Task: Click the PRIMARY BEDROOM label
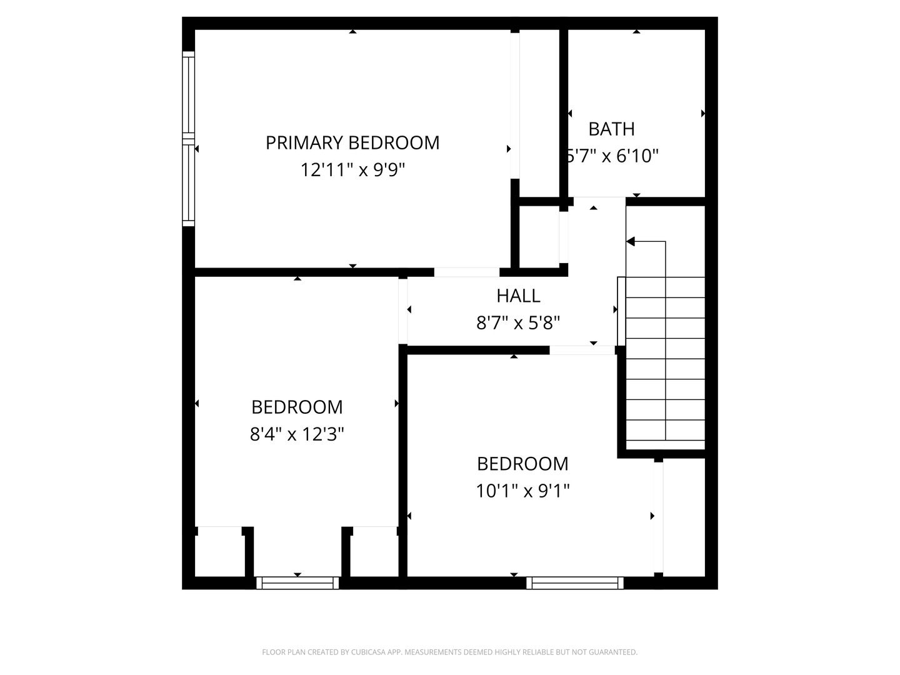pyautogui.click(x=352, y=142)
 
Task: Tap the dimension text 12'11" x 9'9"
pyautogui.click(x=352, y=170)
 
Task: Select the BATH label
pyautogui.click(x=611, y=129)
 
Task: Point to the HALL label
pyautogui.click(x=518, y=295)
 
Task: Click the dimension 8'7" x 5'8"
pyautogui.click(x=518, y=323)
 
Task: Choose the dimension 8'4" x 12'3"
pyautogui.click(x=297, y=434)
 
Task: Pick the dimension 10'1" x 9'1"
pyautogui.click(x=522, y=491)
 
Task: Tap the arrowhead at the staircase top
pyautogui.click(x=631, y=241)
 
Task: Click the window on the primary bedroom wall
pyautogui.click(x=188, y=139)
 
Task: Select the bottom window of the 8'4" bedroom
pyautogui.click(x=297, y=583)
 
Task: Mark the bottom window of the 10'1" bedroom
pyautogui.click(x=575, y=583)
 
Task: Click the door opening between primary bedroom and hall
pyautogui.click(x=466, y=272)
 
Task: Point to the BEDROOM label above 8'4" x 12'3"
pyautogui.click(x=297, y=407)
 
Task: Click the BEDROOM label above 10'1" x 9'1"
pyautogui.click(x=522, y=464)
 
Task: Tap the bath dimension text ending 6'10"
pyautogui.click(x=612, y=156)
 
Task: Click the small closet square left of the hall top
pyautogui.click(x=539, y=236)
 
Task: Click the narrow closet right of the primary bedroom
pyautogui.click(x=538, y=112)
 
